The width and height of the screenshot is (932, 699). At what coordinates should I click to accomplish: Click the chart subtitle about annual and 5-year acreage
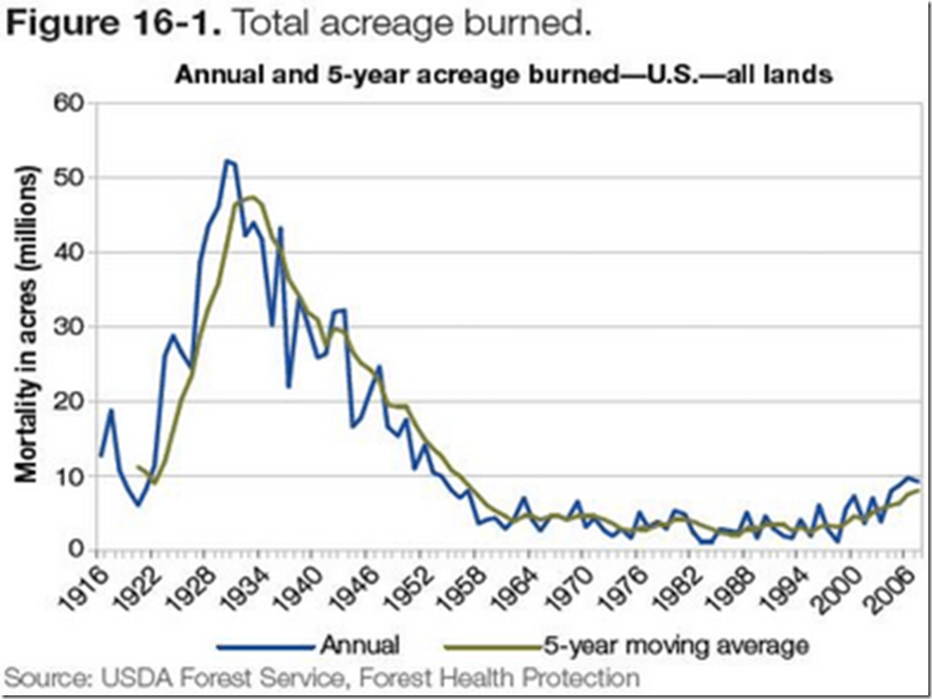(x=503, y=76)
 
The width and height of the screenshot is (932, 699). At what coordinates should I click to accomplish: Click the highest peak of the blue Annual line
(x=227, y=160)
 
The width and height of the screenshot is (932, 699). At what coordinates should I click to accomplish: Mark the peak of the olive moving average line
(x=251, y=197)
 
